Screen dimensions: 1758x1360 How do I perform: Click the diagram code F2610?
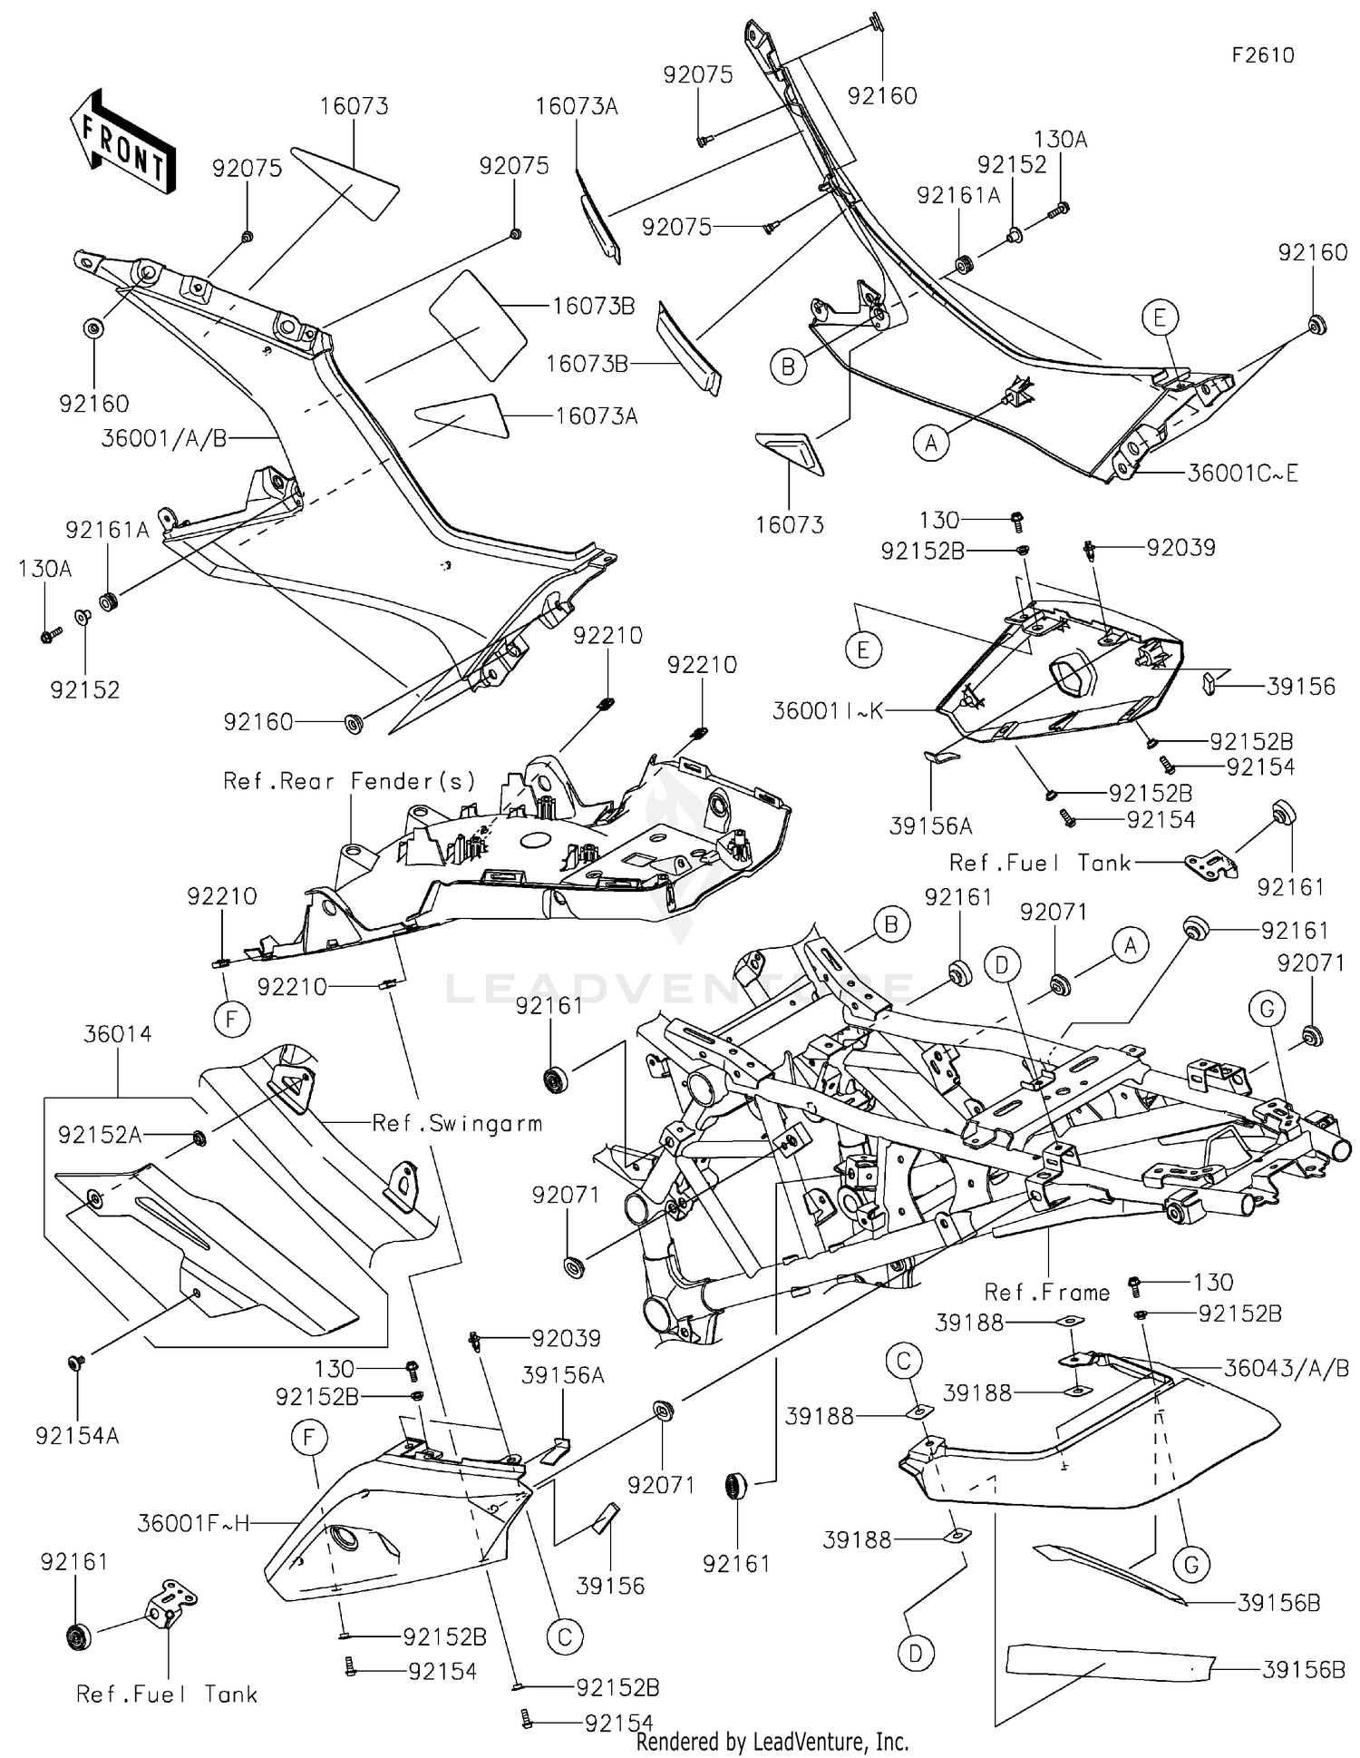pos(1262,55)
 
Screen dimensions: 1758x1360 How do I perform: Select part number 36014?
pos(118,1034)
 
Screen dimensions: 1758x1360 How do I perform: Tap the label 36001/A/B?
pos(164,439)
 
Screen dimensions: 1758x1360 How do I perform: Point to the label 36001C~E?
pos(1242,473)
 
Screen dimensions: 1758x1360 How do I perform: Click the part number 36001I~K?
pos(827,710)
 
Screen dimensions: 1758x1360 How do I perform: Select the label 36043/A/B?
pos(1286,1369)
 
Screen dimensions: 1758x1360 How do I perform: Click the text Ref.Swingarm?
pos(457,1124)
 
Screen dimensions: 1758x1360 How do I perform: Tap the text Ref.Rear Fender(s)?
pos(349,781)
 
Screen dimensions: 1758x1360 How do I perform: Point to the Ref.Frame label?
pos(1046,1292)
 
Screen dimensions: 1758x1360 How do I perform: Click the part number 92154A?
pos(77,1436)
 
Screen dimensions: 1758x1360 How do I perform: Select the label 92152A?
pos(100,1135)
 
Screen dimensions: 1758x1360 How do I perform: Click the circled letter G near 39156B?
pos(1190,1564)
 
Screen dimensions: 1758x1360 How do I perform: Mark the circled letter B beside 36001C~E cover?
pos(788,367)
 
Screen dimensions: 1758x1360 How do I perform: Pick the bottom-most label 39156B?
pos(1302,1669)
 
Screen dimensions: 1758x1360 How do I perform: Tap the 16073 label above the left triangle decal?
pos(354,106)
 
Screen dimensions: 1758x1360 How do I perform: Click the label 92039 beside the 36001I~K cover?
pos(1180,547)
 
